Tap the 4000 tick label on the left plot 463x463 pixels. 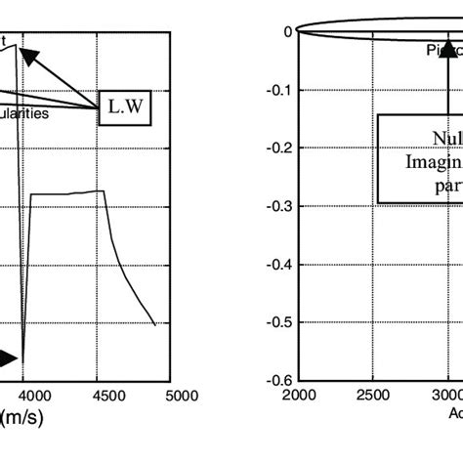click(x=35, y=396)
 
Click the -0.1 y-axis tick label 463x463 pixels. click(x=279, y=89)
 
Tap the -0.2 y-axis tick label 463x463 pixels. click(x=279, y=147)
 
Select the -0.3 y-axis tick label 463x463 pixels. click(x=279, y=206)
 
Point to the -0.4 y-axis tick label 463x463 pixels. click(x=279, y=264)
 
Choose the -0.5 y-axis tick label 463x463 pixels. click(x=279, y=322)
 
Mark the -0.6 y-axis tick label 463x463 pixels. click(x=279, y=381)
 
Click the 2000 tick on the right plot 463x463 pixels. click(x=300, y=396)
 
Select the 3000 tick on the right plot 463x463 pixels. click(x=445, y=396)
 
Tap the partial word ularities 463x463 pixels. click(x=45, y=111)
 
